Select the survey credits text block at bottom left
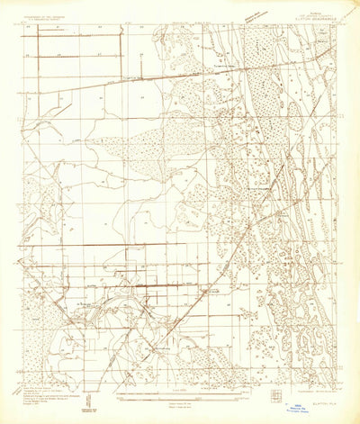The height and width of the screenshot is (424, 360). pyautogui.click(x=45, y=393)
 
